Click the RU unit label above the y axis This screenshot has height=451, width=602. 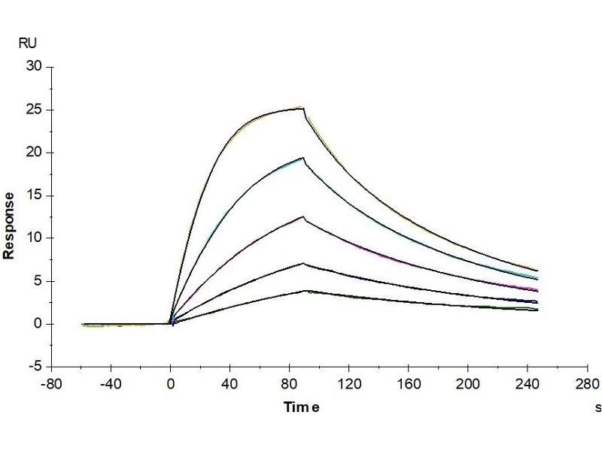pyautogui.click(x=26, y=44)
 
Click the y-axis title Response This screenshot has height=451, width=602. pyautogui.click(x=9, y=225)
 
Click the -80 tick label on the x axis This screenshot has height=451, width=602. pyautogui.click(x=51, y=383)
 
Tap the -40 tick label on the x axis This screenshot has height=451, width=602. pyautogui.click(x=111, y=383)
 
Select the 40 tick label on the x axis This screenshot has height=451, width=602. pyautogui.click(x=230, y=383)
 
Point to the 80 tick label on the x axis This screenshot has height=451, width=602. pyautogui.click(x=290, y=383)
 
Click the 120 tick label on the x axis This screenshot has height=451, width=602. pyautogui.click(x=349, y=383)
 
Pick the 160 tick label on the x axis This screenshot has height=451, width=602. pyautogui.click(x=409, y=383)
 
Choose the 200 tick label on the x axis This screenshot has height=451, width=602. pyautogui.click(x=468, y=383)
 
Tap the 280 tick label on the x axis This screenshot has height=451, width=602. pyautogui.click(x=587, y=383)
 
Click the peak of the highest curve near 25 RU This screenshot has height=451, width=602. pyautogui.click(x=303, y=108)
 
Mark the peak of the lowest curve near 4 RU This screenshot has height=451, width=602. pyautogui.click(x=305, y=290)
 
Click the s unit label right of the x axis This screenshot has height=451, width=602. pyautogui.click(x=598, y=407)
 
